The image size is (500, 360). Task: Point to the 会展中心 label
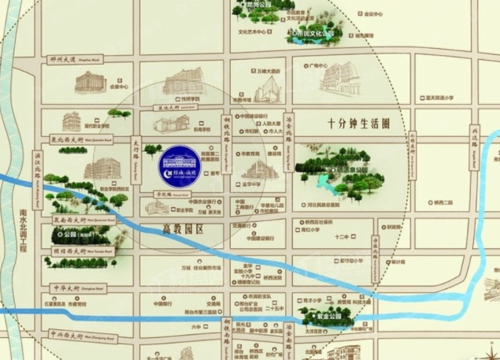click(x=119, y=87)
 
